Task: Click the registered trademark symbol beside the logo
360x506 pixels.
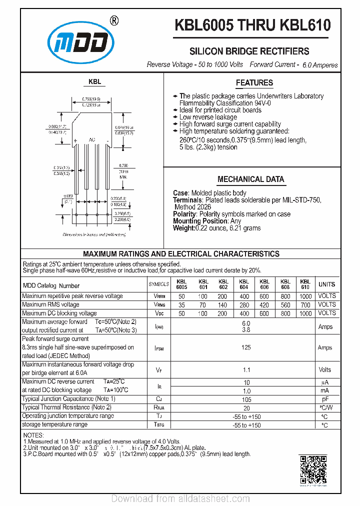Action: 114,20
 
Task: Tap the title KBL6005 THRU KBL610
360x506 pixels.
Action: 252,25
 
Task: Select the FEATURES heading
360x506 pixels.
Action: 254,83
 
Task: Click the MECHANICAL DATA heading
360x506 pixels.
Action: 251,179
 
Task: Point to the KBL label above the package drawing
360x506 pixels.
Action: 95,81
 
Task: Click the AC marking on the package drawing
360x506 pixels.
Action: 92,139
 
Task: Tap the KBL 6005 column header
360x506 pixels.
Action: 181,284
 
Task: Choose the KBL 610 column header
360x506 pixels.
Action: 305,284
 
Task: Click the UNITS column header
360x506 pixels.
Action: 327,284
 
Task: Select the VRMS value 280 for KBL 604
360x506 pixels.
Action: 244,304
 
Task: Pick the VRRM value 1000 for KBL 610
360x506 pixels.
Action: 305,296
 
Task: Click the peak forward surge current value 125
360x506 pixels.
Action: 246,347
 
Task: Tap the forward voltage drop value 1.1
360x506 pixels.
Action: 246,370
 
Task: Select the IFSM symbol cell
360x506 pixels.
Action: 159,347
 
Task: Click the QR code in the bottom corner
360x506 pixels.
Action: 313,470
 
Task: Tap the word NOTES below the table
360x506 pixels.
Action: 34,435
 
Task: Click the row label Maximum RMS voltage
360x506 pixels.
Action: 50,304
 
